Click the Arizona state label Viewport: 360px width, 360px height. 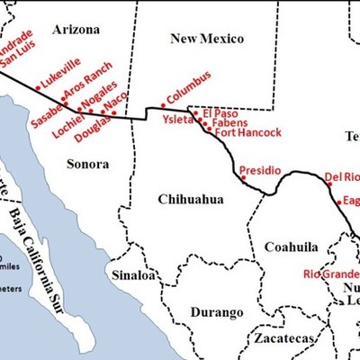click(76, 30)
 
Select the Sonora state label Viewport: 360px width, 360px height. click(87, 164)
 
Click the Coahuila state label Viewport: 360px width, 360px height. click(292, 247)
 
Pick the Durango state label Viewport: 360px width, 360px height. click(217, 312)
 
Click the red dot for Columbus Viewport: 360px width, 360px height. click(162, 105)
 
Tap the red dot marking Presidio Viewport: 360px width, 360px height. click(243, 178)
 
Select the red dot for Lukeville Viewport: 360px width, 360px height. click(38, 87)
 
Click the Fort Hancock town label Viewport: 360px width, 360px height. click(247, 132)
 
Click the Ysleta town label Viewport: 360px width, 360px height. click(176, 119)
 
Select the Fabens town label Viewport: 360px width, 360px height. click(226, 123)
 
